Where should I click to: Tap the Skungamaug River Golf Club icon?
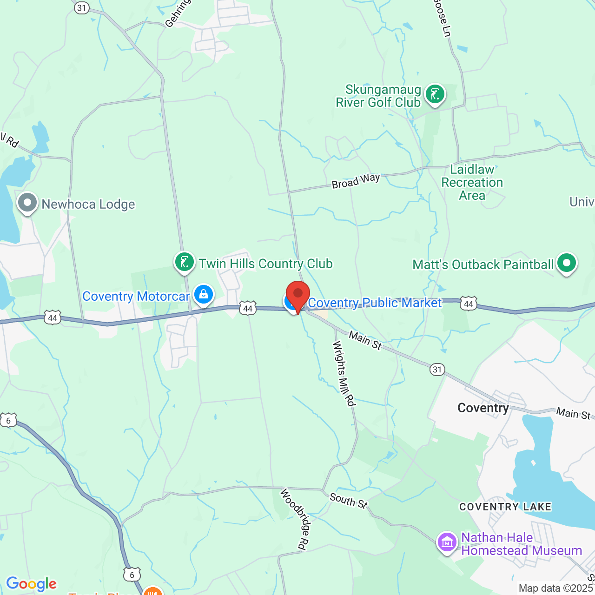[x=435, y=94]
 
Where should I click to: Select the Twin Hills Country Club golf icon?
[x=185, y=263]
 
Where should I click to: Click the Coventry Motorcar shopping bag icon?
[x=203, y=295]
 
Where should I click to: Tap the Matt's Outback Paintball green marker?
[x=566, y=264]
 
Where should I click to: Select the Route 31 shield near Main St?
[x=437, y=370]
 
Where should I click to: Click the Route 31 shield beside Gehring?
[x=82, y=7]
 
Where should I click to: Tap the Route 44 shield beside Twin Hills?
[x=248, y=308]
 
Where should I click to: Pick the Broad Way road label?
[x=356, y=181]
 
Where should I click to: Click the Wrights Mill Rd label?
[x=344, y=373]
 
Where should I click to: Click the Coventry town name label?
[x=483, y=408]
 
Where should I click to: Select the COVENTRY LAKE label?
[x=505, y=507]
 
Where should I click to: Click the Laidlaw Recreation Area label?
[x=472, y=182]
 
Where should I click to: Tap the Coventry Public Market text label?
[x=375, y=303]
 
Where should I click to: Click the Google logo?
[x=32, y=584]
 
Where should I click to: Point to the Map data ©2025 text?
[x=556, y=588]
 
